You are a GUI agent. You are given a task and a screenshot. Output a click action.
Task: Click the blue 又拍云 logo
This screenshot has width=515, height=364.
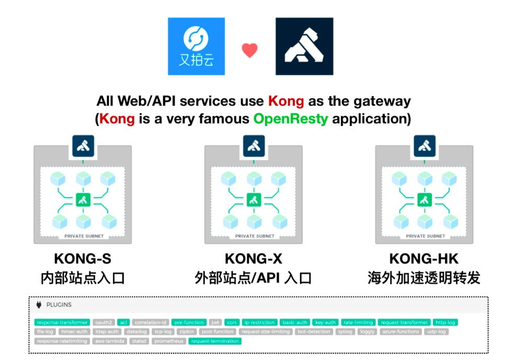(196, 46)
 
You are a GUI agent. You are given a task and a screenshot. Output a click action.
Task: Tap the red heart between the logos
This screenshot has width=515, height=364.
(249, 50)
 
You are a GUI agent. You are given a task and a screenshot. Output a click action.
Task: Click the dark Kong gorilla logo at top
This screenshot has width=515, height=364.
(304, 46)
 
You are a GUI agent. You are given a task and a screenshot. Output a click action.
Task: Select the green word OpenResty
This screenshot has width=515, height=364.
(291, 119)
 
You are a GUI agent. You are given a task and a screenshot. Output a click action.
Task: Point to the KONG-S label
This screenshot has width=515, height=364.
(83, 259)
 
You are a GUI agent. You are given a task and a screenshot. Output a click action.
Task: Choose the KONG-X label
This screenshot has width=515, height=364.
(254, 259)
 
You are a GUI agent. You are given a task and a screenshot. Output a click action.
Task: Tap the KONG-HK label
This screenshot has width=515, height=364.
(424, 259)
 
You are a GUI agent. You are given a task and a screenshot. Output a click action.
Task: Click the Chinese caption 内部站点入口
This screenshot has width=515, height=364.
(83, 278)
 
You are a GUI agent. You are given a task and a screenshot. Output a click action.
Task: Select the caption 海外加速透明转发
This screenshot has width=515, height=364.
(424, 278)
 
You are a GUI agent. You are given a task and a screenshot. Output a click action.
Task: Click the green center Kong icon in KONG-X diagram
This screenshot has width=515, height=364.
(254, 200)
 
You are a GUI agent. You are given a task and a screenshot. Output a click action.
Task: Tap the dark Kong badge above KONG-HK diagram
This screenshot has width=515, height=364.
(424, 146)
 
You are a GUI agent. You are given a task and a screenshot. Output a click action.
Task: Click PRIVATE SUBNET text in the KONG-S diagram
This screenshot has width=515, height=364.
(84, 236)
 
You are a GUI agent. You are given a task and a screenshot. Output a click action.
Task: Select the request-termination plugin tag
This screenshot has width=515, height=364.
(215, 341)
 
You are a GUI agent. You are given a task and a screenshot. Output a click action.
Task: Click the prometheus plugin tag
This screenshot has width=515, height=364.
(169, 341)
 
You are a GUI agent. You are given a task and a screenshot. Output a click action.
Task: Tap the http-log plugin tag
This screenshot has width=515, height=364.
(445, 323)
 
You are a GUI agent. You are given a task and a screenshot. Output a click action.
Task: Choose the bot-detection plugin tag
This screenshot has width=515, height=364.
(314, 332)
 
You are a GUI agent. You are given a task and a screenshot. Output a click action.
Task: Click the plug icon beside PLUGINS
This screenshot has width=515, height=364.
(39, 305)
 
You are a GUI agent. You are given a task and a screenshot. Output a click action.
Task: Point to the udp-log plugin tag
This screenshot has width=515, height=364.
(436, 332)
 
